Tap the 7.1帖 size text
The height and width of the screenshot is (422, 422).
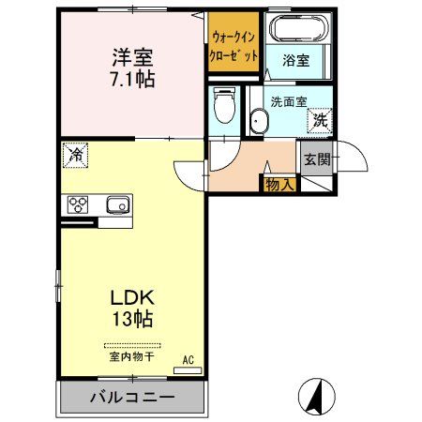tap(130, 79)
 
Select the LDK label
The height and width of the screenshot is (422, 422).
tap(130, 297)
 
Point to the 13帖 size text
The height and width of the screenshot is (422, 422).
tap(130, 318)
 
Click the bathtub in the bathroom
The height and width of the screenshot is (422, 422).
tap(298, 28)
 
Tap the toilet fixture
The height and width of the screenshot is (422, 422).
tap(223, 107)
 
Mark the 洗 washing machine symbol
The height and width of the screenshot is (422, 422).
tap(320, 119)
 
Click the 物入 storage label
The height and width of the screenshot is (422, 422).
tap(279, 184)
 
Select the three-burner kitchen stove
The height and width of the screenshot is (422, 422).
tap(77, 205)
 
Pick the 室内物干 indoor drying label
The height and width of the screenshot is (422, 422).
tap(130, 356)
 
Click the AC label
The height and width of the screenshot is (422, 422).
tap(188, 360)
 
